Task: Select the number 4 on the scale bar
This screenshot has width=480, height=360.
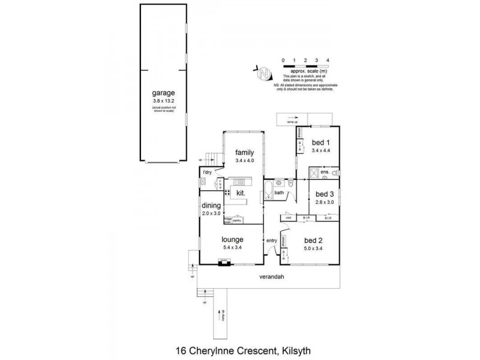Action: tap(328, 61)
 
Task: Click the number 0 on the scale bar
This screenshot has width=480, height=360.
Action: tap(283, 61)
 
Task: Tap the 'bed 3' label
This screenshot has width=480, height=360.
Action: tap(323, 194)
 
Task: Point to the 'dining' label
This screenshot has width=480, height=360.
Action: tap(211, 205)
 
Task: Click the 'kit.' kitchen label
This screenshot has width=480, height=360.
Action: tap(241, 193)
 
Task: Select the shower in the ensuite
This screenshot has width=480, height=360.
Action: tap(314, 174)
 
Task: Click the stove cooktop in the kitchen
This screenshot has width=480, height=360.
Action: tap(227, 193)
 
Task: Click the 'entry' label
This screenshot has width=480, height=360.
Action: tap(272, 241)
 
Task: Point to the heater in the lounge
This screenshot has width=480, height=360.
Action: tap(224, 262)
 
